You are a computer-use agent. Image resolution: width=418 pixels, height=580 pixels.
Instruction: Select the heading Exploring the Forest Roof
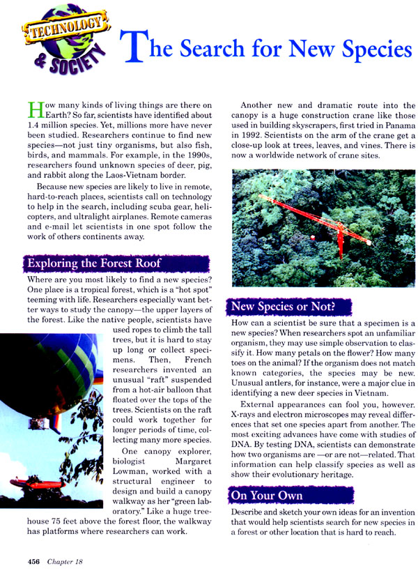pos(93,264)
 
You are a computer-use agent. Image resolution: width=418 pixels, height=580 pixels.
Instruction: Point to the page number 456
pos(37,561)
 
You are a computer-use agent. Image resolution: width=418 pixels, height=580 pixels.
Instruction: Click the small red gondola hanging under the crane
pos(313,238)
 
